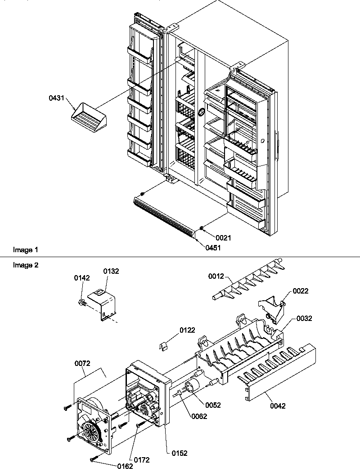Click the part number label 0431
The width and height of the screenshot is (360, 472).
click(x=58, y=97)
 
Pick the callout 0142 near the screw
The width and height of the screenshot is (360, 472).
click(x=81, y=279)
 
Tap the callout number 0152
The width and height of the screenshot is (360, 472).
click(x=179, y=453)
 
